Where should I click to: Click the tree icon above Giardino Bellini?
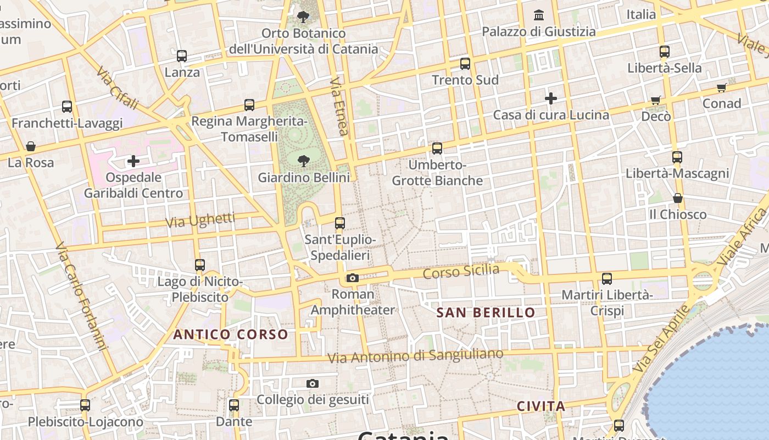point(303,161)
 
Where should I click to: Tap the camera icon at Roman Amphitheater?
point(353,278)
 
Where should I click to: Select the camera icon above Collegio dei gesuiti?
point(313,383)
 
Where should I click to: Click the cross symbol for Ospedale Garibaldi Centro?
point(133,161)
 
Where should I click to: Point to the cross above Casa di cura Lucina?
point(551,98)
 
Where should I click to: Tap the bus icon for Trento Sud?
point(465,64)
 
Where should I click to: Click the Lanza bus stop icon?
point(182,56)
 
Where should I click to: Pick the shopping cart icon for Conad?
point(722,88)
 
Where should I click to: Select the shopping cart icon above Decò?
point(656,100)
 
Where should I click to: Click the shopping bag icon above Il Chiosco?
point(678,198)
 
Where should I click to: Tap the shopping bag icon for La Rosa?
point(31,146)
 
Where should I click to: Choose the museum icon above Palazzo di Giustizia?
point(539,15)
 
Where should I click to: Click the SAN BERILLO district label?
point(486,313)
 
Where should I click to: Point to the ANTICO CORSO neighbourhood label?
point(231,334)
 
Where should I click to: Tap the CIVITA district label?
point(541,406)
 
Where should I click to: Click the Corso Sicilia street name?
point(461,271)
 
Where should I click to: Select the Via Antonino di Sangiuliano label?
point(415,356)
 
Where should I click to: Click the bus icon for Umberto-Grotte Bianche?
point(437,148)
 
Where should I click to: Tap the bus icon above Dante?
point(234,405)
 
